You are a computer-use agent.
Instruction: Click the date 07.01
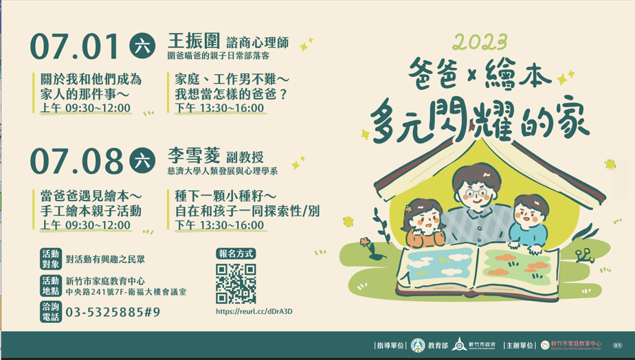[x=76, y=46]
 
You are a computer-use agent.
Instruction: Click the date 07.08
[x=76, y=161]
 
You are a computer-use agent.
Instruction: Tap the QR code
[x=236, y=284]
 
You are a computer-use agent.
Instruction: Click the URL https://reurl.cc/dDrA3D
[x=254, y=311]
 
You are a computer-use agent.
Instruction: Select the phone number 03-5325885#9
[x=113, y=312]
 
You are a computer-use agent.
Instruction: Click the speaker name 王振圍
[x=194, y=41]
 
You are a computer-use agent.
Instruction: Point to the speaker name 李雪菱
[x=194, y=155]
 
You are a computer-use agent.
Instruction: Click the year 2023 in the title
[x=480, y=42]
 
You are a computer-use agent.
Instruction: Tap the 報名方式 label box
[x=236, y=254]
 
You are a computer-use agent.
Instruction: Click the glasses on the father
[x=477, y=193]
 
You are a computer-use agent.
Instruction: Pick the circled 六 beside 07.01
[x=142, y=45]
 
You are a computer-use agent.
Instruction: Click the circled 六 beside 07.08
[x=142, y=160]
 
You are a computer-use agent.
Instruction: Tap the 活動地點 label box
[x=51, y=286]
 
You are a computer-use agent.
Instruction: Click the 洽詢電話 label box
[x=51, y=312]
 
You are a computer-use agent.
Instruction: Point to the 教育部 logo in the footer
[x=418, y=346]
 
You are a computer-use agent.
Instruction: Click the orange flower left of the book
[x=366, y=243]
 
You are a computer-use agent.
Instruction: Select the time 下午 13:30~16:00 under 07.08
[x=219, y=225]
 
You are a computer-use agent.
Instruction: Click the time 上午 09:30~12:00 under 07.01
[x=85, y=108]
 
